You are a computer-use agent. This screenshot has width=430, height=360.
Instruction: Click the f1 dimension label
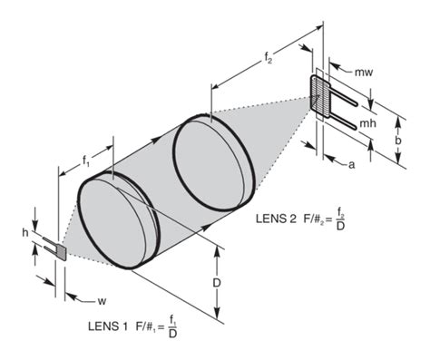point(86,161)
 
